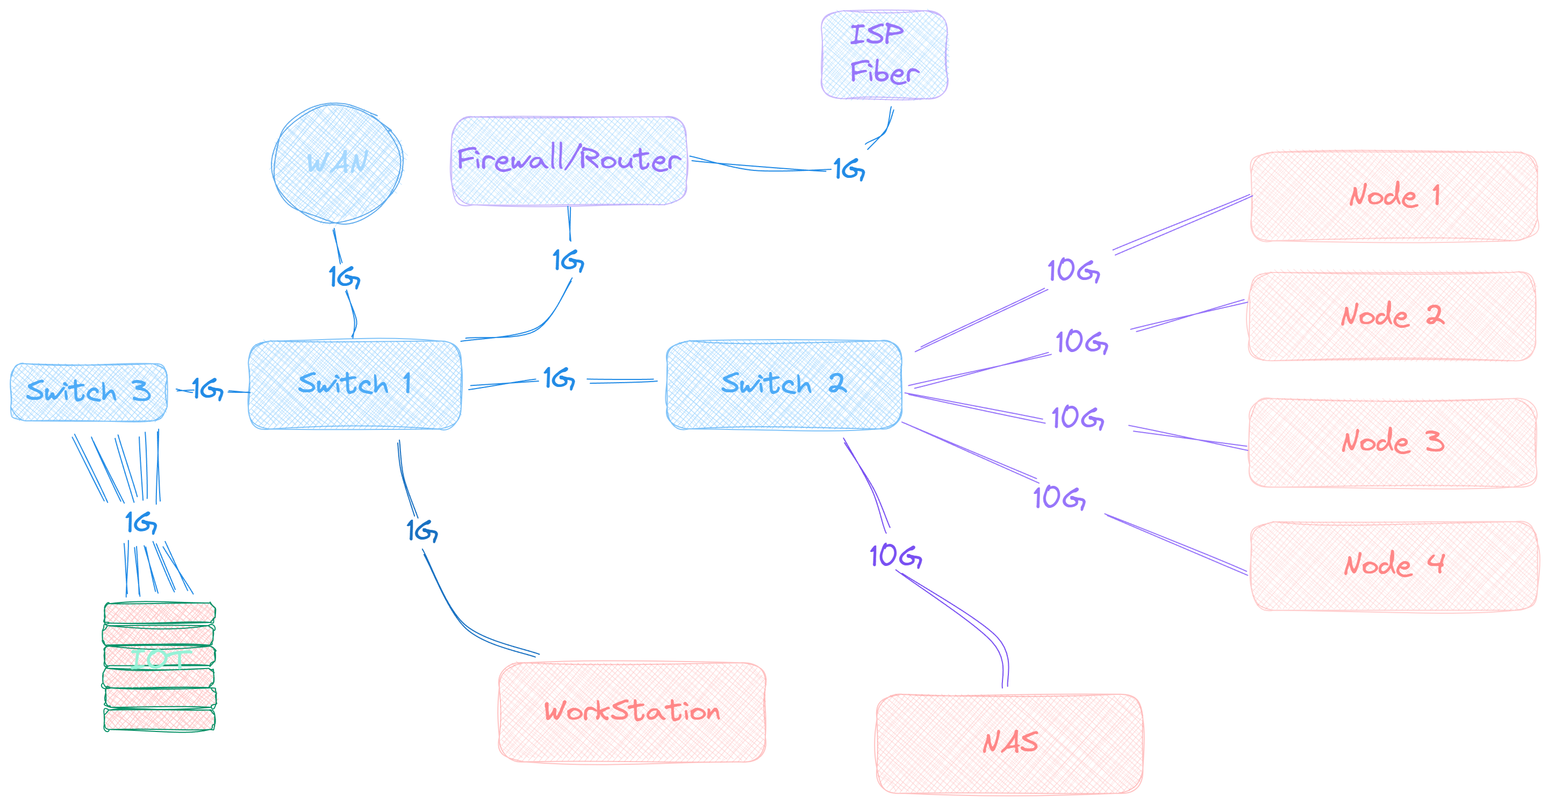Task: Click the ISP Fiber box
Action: click(884, 55)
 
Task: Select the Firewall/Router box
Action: click(569, 161)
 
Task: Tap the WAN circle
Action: click(336, 163)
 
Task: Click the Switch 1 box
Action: click(355, 385)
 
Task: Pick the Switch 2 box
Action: click(784, 385)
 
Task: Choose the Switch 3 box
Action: click(88, 392)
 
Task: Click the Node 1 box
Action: click(1393, 196)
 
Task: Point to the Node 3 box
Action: click(1392, 442)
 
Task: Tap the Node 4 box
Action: click(1394, 566)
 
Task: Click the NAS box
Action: click(1009, 743)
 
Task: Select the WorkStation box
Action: click(632, 712)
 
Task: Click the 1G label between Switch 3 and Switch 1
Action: click(207, 390)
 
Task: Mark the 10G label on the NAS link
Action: click(895, 556)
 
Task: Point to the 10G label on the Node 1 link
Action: click(1073, 271)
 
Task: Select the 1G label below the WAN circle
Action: click(344, 278)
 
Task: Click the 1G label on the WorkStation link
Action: click(422, 531)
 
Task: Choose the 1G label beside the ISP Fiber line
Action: click(849, 170)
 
